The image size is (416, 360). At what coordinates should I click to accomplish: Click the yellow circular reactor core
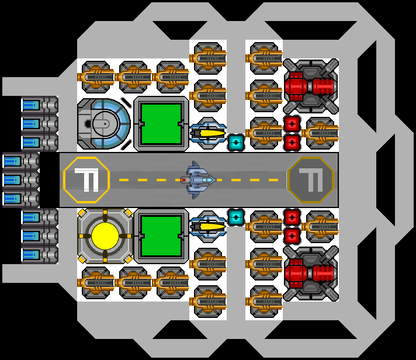pyautogui.click(x=105, y=236)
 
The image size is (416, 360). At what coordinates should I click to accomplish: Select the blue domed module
pyautogui.click(x=104, y=123)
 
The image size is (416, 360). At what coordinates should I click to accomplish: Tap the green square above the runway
pyautogui.click(x=161, y=124)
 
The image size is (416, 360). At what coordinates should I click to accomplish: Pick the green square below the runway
pyautogui.click(x=161, y=236)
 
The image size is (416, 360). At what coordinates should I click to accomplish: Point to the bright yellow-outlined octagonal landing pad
pyautogui.click(x=86, y=179)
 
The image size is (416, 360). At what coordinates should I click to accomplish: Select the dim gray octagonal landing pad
pyautogui.click(x=310, y=179)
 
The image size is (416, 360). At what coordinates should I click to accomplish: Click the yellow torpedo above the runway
pyautogui.click(x=208, y=133)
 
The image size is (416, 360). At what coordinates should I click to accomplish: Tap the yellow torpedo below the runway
pyautogui.click(x=208, y=226)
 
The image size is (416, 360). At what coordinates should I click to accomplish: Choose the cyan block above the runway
pyautogui.click(x=235, y=142)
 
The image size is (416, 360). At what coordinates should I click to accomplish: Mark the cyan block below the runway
pyautogui.click(x=235, y=217)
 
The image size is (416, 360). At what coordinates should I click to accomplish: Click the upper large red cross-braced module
pyautogui.click(x=310, y=86)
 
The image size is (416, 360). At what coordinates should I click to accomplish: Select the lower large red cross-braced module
pyautogui.click(x=310, y=273)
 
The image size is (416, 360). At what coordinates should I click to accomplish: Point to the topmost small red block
pyautogui.click(x=292, y=124)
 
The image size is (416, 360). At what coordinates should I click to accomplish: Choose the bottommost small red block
pyautogui.click(x=292, y=236)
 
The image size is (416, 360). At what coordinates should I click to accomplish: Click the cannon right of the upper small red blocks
pyautogui.click(x=321, y=133)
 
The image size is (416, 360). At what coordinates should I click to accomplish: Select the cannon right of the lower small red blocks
pyautogui.click(x=321, y=226)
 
